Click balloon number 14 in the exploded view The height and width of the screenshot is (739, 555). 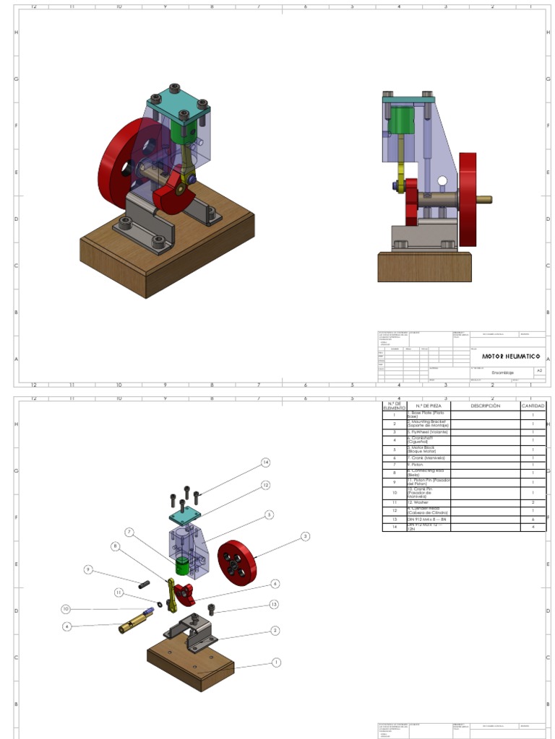pyautogui.click(x=265, y=462)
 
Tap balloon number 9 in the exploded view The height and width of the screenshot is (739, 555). pyautogui.click(x=88, y=569)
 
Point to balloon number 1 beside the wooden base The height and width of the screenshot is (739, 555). pyautogui.click(x=276, y=662)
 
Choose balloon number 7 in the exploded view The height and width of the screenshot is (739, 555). pyautogui.click(x=129, y=532)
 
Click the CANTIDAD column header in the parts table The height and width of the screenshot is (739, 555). pyautogui.click(x=533, y=406)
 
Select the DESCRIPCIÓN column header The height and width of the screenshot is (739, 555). pyautogui.click(x=485, y=406)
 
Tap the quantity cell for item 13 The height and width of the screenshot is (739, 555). pyautogui.click(x=533, y=519)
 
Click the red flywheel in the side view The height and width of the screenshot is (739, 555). pyautogui.click(x=468, y=198)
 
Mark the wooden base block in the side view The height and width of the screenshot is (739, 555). pyautogui.click(x=424, y=266)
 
